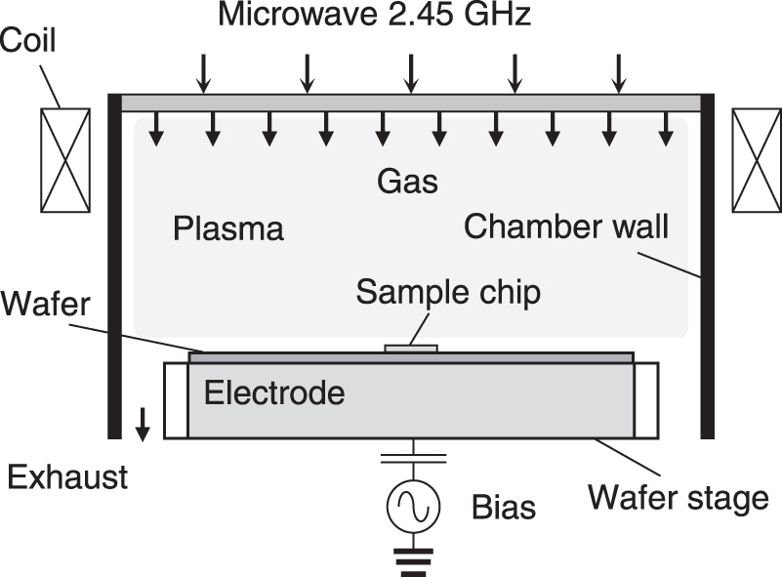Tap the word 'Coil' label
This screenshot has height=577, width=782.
coord(28,41)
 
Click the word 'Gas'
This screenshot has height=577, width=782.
coord(408,182)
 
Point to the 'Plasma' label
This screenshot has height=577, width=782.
coord(228,228)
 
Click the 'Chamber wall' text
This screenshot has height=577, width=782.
coord(566,227)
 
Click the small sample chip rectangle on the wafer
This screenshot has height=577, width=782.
coord(411,348)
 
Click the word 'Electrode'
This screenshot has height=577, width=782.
coord(274,393)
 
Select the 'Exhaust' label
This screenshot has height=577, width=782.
coord(67,477)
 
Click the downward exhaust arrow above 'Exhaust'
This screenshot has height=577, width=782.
coord(144,424)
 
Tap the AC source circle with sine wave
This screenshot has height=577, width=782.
coord(411,505)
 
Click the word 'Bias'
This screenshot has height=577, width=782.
coord(503,508)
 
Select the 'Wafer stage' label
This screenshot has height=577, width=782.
coord(678,498)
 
